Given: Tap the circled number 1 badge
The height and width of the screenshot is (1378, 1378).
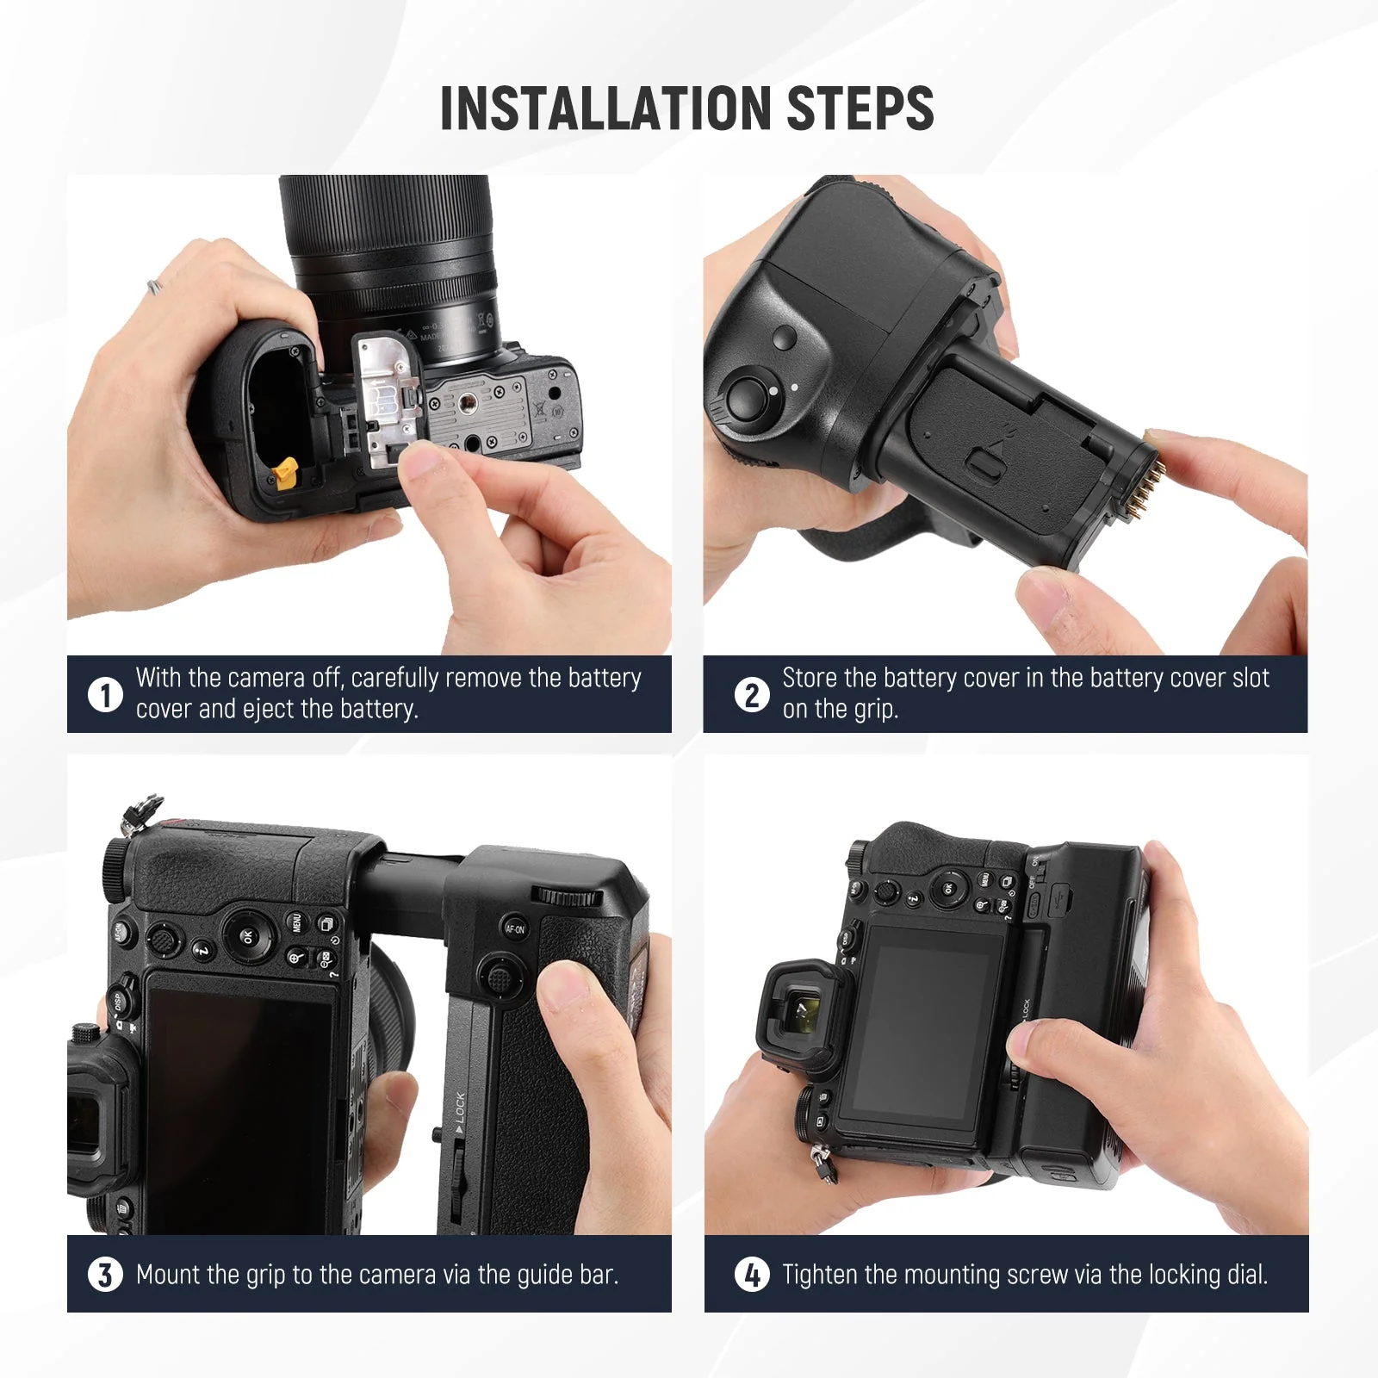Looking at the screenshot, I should click(105, 694).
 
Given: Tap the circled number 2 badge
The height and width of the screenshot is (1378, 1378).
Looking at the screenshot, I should click(752, 694).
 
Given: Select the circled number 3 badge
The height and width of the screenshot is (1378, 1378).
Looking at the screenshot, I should click(105, 1275).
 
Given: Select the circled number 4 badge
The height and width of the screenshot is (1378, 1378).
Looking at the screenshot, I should click(752, 1275).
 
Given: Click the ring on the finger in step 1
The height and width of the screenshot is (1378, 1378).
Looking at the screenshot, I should click(153, 287).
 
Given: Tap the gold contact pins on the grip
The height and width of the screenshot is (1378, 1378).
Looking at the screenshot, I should click(1151, 487).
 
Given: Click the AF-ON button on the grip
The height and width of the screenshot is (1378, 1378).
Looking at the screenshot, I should click(514, 928).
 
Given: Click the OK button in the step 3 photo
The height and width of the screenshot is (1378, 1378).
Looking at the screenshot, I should click(246, 935).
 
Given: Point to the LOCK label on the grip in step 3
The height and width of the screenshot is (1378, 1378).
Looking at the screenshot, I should click(459, 1108).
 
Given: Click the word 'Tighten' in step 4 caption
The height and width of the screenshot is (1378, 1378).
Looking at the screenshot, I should click(819, 1275).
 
